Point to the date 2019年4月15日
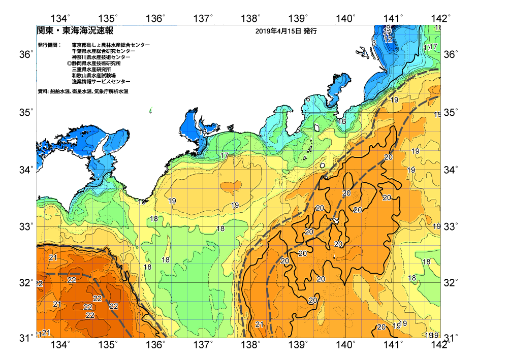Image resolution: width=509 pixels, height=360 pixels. (x=278, y=31)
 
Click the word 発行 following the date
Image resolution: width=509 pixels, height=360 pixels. (x=310, y=31)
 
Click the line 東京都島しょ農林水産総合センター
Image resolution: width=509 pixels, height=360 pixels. (x=111, y=45)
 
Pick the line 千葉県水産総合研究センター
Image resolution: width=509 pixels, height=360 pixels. (x=104, y=51)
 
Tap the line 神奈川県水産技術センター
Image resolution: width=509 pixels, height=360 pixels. (x=101, y=57)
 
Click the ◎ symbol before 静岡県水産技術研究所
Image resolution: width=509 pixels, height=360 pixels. (x=69, y=63)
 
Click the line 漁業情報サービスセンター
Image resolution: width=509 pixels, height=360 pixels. (x=101, y=82)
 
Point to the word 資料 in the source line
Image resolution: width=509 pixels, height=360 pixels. (x=43, y=91)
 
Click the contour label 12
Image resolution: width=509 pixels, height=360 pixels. (x=388, y=40)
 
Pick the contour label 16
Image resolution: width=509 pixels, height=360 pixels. (x=342, y=122)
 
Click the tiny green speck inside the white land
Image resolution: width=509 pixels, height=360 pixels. (x=151, y=110)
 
